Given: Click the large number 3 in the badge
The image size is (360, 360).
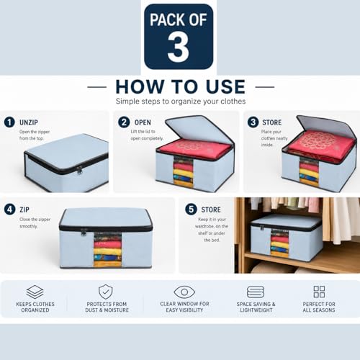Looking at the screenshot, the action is pos(179,47).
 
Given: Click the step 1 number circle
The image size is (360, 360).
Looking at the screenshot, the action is pos(9,122).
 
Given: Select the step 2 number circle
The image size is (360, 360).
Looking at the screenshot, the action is pos(124,122).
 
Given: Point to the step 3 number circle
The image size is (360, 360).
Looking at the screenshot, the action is pos(253,122).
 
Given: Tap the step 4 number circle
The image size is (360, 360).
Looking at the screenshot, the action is pos(9,210).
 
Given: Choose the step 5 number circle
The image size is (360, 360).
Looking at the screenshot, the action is pos(191,210).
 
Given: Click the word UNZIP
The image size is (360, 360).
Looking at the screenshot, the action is pos(29,122).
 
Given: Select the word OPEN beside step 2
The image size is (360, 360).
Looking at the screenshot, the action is pos(143,122).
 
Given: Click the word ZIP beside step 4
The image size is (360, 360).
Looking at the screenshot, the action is pos(24,210).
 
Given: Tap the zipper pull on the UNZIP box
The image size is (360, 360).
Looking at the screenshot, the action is pos(79,171).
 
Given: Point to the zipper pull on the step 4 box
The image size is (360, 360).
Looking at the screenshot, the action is pos(84,232).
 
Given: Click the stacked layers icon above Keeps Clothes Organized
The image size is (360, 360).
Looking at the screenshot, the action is pos(35,292).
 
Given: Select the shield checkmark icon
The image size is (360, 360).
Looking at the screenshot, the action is pos(106,292).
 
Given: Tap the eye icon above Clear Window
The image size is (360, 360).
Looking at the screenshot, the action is pos(184,292).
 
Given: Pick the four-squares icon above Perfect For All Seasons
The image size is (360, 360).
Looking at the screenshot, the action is pos(319,292).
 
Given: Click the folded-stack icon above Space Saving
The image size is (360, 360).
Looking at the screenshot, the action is pos(256,292).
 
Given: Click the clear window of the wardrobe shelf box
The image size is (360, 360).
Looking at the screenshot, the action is pos(279,243).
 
